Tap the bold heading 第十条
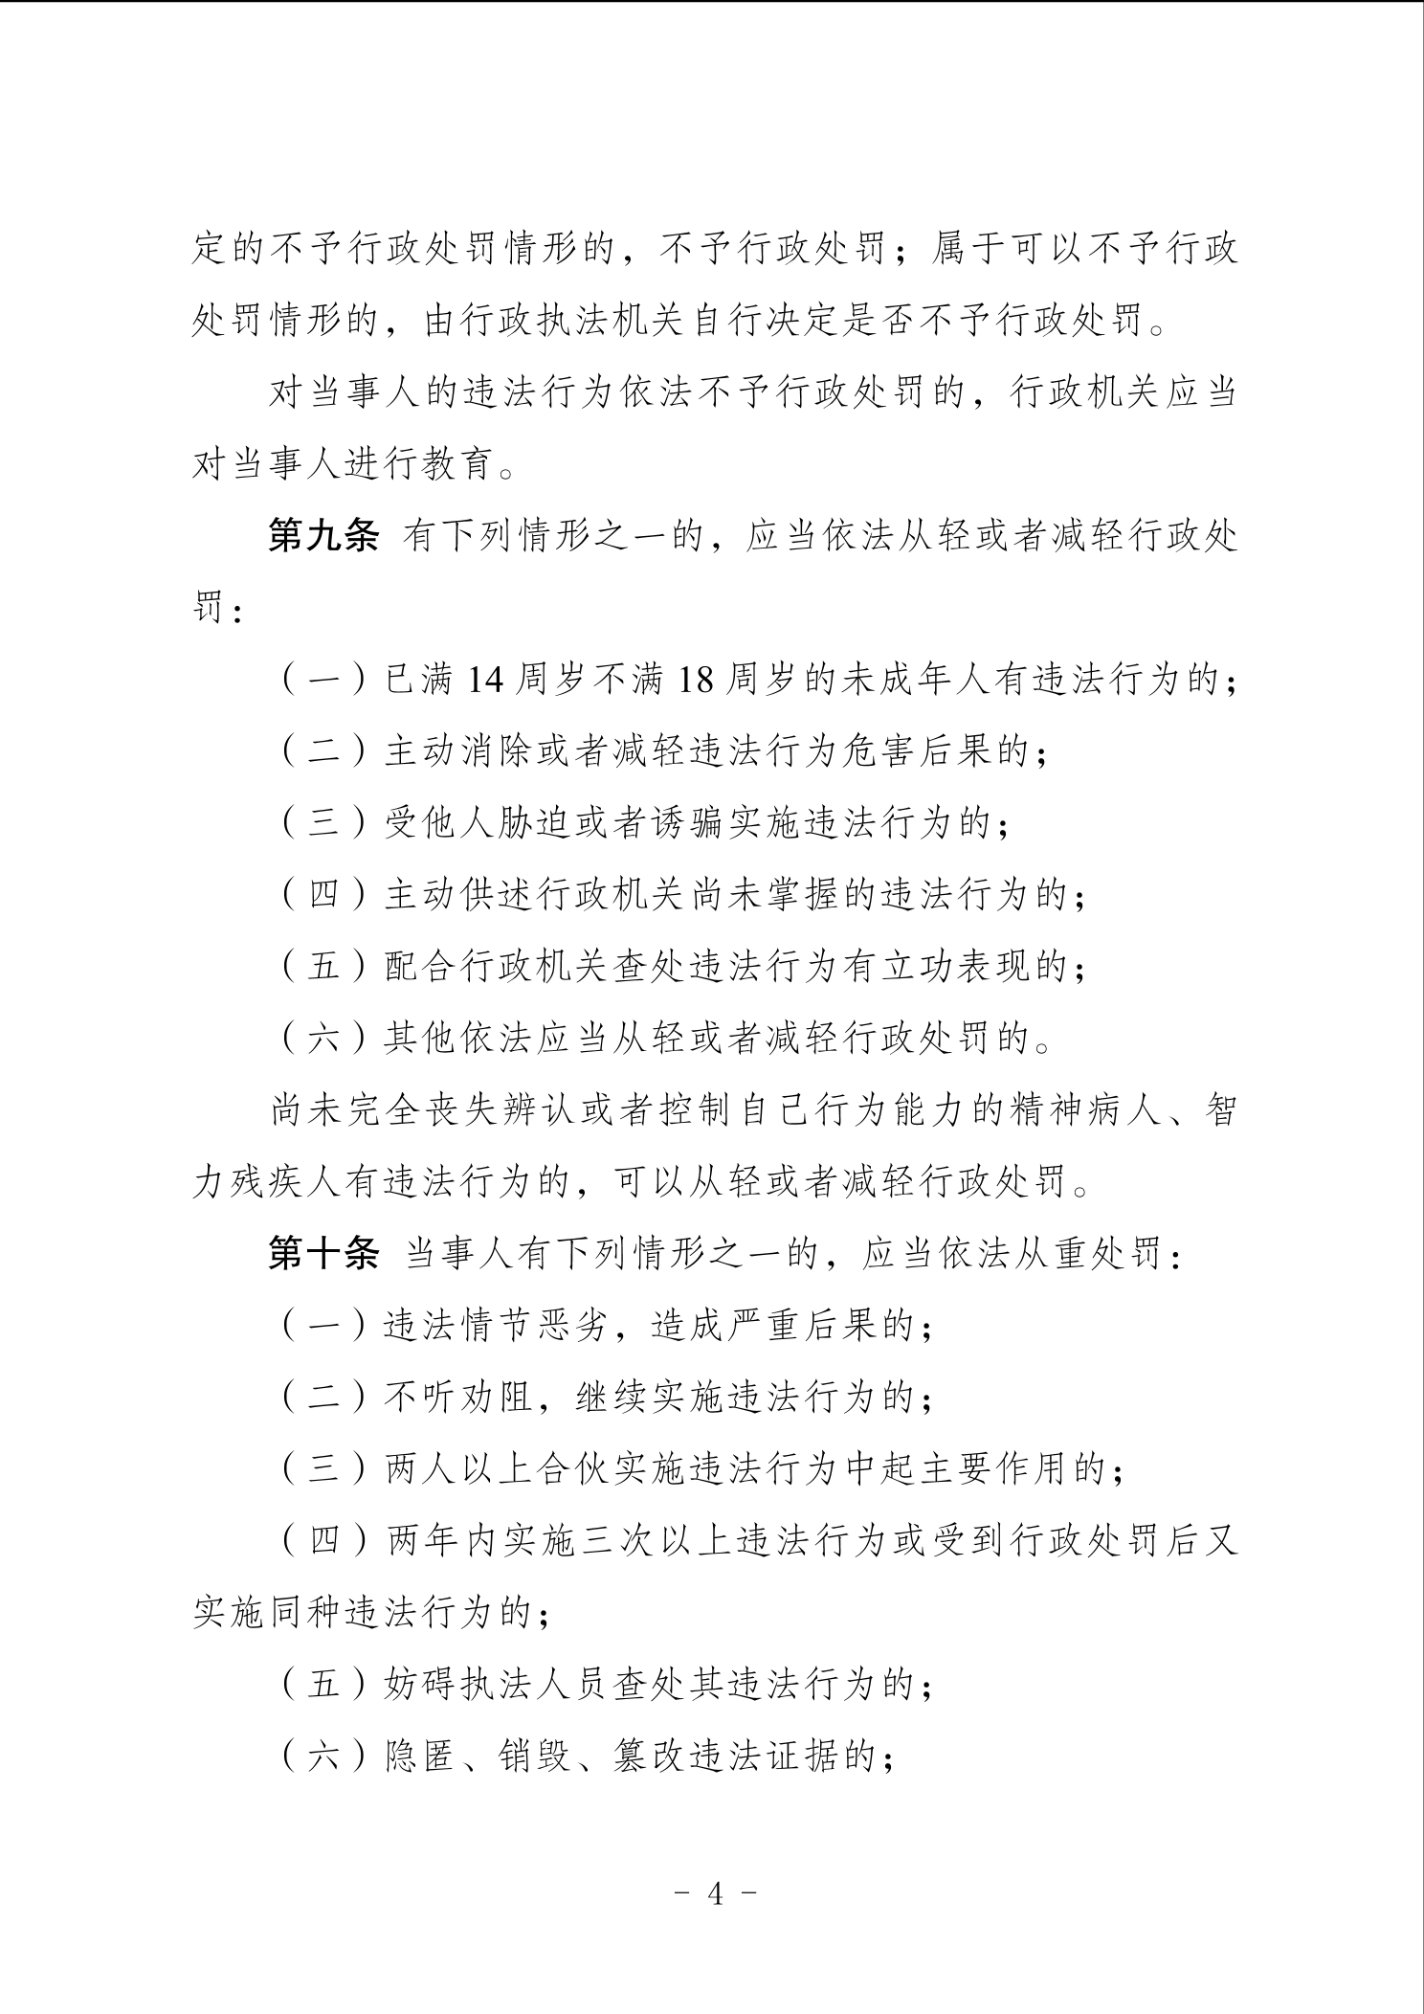coord(323,1254)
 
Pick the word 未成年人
coord(915,682)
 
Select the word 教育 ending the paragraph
coord(460,466)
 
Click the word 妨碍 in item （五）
coord(421,1685)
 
